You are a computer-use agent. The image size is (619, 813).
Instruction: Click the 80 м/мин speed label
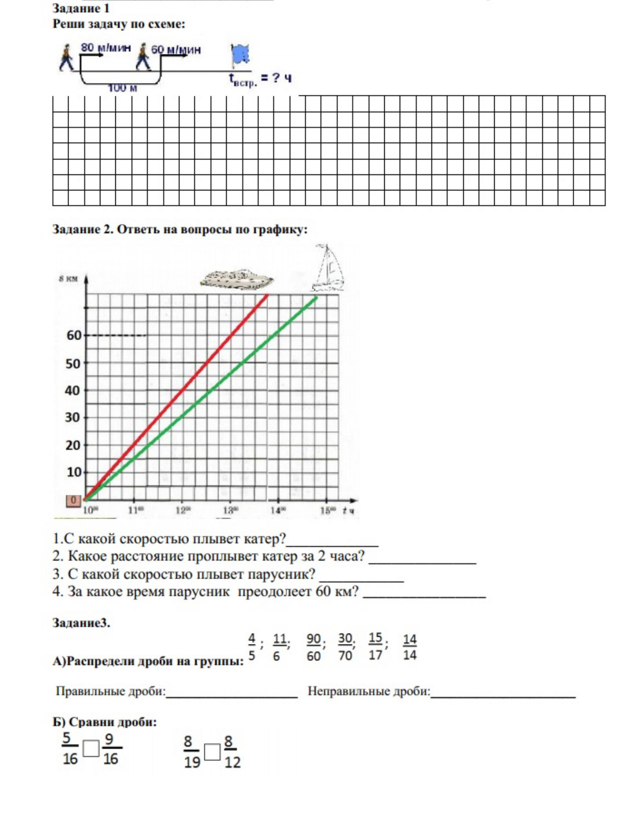click(106, 48)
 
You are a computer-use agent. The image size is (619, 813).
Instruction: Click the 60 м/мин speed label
click(176, 50)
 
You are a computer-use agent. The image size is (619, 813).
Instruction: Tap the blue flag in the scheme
click(240, 55)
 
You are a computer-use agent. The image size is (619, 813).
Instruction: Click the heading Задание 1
click(81, 8)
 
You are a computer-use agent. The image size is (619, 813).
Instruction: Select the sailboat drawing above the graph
click(327, 268)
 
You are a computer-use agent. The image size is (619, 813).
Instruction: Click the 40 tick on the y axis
click(73, 390)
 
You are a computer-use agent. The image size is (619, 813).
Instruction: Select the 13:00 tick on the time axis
click(230, 510)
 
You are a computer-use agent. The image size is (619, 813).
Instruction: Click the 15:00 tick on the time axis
click(328, 510)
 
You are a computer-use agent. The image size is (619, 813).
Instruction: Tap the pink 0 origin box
click(73, 501)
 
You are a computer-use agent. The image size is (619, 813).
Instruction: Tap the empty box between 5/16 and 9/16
click(91, 749)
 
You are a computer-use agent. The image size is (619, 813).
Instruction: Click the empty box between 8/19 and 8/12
click(212, 752)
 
